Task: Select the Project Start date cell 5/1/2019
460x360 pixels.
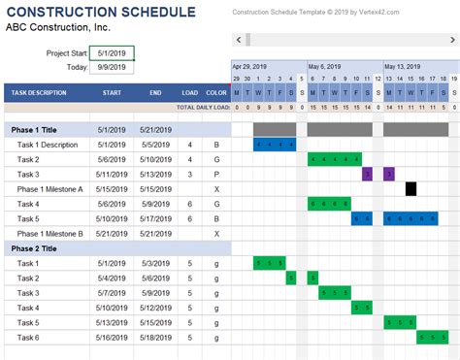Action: (112, 53)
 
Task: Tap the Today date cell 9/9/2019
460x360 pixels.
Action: (112, 68)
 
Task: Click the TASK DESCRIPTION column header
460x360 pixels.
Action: (40, 93)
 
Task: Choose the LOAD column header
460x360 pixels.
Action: (190, 93)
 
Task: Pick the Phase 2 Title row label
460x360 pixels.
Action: (37, 248)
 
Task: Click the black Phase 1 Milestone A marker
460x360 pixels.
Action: (411, 189)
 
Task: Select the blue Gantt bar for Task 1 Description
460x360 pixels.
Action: (275, 145)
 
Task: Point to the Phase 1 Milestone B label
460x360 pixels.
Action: (49, 234)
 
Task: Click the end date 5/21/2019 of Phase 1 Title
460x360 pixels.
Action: (154, 129)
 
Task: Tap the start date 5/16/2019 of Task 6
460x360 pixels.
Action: (112, 338)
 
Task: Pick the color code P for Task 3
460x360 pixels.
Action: (216, 175)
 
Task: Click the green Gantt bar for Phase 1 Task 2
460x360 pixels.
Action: (334, 159)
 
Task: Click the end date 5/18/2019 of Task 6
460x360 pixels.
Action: (154, 338)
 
